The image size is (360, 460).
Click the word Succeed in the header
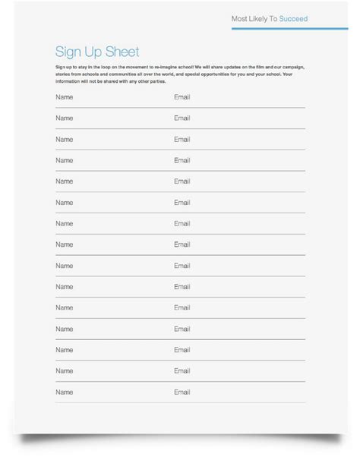[294, 19]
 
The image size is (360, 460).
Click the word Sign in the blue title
[68, 52]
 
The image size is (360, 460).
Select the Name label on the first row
[64, 97]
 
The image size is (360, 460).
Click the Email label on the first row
[182, 97]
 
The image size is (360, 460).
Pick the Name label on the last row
[64, 392]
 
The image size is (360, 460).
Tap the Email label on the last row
[182, 392]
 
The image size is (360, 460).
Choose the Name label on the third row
[64, 140]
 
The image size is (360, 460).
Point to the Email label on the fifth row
[182, 181]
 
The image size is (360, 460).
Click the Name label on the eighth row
[64, 244]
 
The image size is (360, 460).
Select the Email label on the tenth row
[182, 287]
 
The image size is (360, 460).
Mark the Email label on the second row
[182, 118]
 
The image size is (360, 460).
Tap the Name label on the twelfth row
[64, 329]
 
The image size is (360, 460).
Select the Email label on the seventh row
[182, 224]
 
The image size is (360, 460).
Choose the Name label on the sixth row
[64, 203]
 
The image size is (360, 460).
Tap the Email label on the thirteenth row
[182, 350]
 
